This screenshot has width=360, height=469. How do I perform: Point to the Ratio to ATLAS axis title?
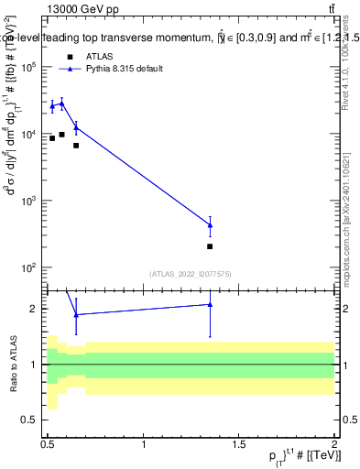(12, 364)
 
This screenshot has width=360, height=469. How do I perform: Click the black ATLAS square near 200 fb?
(211, 246)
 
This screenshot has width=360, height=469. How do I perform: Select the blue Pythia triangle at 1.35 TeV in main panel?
(211, 224)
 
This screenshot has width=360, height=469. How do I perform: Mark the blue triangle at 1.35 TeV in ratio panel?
(211, 304)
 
